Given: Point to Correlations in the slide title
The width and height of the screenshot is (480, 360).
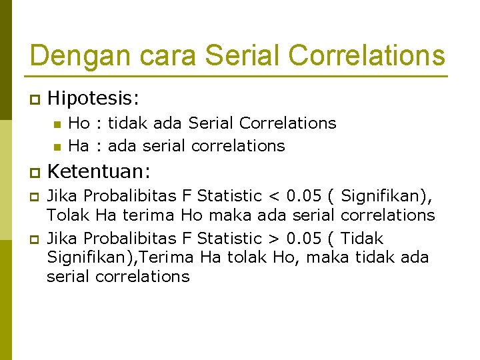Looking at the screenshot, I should (365, 55).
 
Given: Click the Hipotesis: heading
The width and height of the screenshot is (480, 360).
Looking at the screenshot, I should (94, 99).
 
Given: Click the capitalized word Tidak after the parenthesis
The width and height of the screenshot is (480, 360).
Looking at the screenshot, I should (362, 239).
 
